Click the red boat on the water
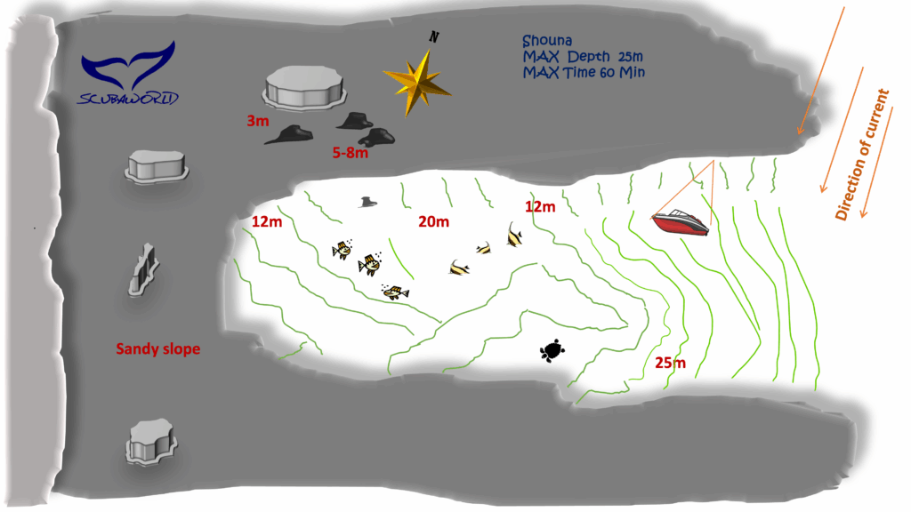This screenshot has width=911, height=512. (x=681, y=221)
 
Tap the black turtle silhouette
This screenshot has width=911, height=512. (x=552, y=350)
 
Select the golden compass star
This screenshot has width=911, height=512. (x=417, y=83)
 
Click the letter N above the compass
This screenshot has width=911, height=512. (x=434, y=36)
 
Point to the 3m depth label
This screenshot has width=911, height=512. (x=258, y=121)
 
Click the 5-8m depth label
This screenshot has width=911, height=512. (x=351, y=153)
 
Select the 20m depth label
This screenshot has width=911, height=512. (x=433, y=221)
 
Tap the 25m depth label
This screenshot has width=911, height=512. (x=671, y=363)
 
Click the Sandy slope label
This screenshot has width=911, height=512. (x=158, y=348)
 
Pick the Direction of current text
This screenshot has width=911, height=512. (x=862, y=155)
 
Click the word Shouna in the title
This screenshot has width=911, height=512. (x=547, y=41)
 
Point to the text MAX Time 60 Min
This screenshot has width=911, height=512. (x=584, y=73)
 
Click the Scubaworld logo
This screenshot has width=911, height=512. (x=128, y=73)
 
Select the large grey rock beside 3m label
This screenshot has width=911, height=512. (x=304, y=88)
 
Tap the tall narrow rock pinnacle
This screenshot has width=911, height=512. (x=143, y=270)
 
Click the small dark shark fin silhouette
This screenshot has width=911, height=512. (x=367, y=202)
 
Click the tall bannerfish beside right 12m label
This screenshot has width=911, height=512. (x=513, y=235)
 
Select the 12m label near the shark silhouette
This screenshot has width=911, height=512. (x=267, y=221)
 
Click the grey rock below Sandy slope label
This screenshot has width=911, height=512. (x=151, y=441)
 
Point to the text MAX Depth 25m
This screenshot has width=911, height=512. (x=582, y=56)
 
